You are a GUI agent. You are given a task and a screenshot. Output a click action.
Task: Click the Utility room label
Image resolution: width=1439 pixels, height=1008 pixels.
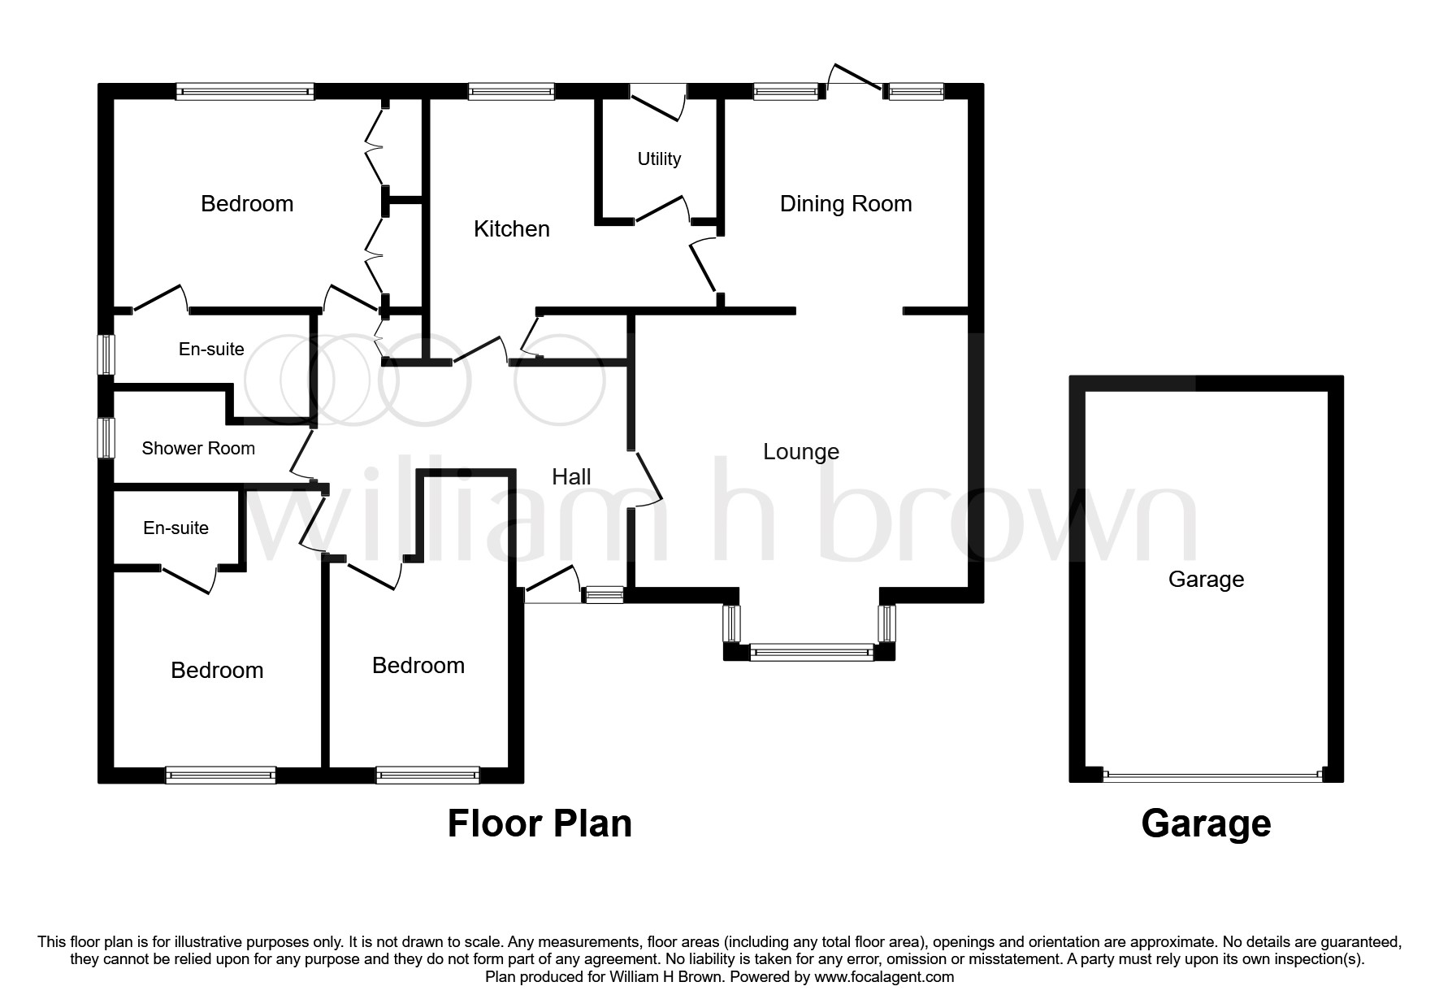coord(659,159)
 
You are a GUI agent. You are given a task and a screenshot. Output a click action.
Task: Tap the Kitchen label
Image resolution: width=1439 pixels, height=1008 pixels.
coord(512,229)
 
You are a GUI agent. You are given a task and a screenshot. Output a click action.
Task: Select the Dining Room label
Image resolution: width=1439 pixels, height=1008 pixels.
coord(845,204)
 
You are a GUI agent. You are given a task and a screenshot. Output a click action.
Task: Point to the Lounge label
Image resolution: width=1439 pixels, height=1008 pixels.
coord(800,452)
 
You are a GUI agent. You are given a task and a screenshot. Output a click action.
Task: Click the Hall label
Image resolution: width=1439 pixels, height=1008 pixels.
coord(571,477)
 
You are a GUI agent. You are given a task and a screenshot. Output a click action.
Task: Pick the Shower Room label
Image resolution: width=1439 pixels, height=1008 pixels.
coord(198,449)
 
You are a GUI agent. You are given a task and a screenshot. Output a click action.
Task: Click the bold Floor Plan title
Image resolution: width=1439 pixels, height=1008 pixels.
coord(540,823)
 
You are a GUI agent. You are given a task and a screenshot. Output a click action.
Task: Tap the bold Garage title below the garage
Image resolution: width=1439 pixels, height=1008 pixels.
coord(1206,823)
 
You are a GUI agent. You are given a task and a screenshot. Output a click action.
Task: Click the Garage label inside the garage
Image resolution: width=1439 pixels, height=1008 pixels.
coord(1206,580)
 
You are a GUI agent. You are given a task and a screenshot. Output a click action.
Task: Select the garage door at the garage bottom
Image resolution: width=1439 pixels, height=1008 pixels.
coord(1212,776)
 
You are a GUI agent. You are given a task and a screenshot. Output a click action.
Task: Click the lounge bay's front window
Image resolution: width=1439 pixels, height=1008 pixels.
coord(810,651)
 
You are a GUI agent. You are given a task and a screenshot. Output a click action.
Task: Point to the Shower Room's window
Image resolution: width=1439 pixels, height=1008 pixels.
coord(106,437)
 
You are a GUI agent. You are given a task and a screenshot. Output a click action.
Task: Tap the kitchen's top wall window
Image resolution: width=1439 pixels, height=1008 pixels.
coord(511,91)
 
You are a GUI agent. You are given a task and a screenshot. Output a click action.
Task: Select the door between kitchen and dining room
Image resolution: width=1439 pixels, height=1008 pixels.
coord(702,264)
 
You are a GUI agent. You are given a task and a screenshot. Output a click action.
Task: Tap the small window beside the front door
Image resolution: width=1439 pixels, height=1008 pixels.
coord(605,596)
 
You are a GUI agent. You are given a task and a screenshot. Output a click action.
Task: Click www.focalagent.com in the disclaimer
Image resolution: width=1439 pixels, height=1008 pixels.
coord(883,977)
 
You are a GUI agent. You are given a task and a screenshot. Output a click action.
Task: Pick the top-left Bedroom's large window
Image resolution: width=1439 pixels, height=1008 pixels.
coord(245,91)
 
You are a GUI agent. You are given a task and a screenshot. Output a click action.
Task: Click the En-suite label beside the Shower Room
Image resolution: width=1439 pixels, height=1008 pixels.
coord(211,350)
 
